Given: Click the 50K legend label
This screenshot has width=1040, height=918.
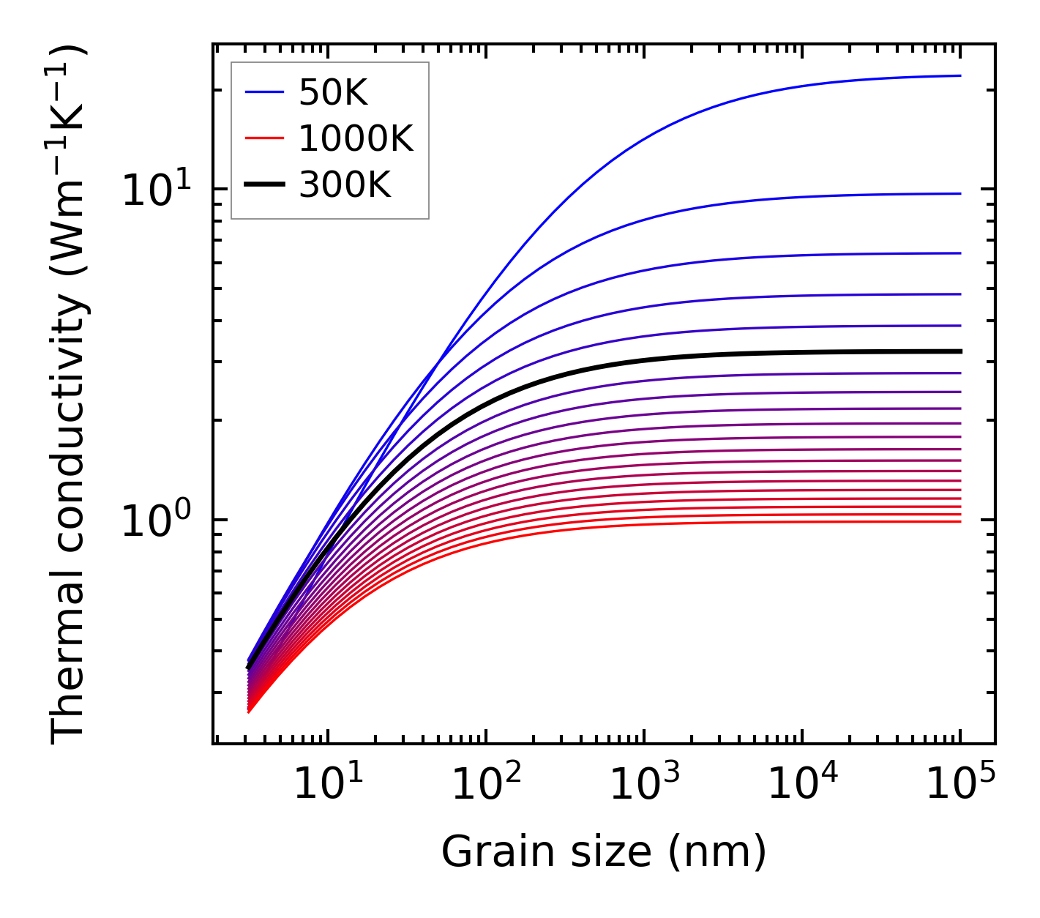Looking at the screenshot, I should tap(333, 93).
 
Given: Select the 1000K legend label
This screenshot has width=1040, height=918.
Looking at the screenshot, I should tap(356, 138).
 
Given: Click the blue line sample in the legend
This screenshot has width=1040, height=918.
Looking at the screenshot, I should tap(264, 92).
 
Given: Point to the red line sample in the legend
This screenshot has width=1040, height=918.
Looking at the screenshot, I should tap(264, 138).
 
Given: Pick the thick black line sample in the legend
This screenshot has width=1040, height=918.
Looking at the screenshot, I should tap(264, 185).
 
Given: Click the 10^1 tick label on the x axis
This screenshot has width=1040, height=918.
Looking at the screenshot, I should tap(327, 785).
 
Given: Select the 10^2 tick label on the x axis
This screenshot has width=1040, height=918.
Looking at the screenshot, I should tap(486, 785).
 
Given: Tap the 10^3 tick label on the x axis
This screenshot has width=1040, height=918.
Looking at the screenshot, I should tap(644, 785).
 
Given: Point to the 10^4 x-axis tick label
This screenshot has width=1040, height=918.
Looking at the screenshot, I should tap(802, 785).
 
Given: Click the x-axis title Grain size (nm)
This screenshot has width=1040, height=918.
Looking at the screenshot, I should tap(604, 853).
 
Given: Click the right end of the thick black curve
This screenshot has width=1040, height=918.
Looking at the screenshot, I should tap(960, 351).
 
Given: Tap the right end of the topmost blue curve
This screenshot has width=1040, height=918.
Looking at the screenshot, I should tap(960, 75).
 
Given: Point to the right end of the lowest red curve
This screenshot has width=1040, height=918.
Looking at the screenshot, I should tap(960, 521).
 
